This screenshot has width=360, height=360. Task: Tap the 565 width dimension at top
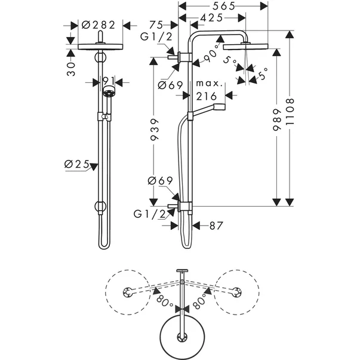coord(223,5)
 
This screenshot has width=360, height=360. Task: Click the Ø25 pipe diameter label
coord(78,164)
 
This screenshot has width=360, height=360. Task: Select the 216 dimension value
coord(206,96)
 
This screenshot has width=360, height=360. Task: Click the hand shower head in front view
coord(108,93)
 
